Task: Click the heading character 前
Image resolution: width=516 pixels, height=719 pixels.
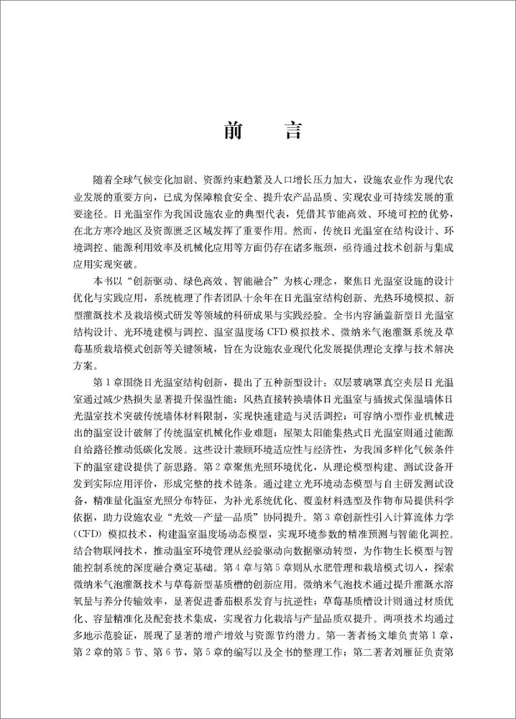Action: tap(232, 130)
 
